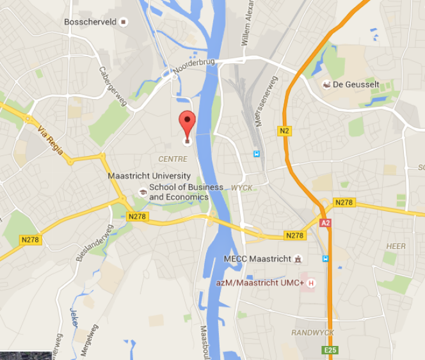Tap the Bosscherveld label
pos(90,22)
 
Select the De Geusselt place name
pos(356,84)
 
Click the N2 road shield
pos(285,130)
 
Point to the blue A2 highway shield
pos(326,223)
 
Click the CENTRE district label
pos(173,159)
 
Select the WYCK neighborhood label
pos(242,188)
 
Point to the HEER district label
pos(396,246)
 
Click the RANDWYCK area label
pos(313,333)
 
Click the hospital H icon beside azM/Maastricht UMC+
pos(312,283)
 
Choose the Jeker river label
pos(74,318)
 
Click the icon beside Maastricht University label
pos(142,192)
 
